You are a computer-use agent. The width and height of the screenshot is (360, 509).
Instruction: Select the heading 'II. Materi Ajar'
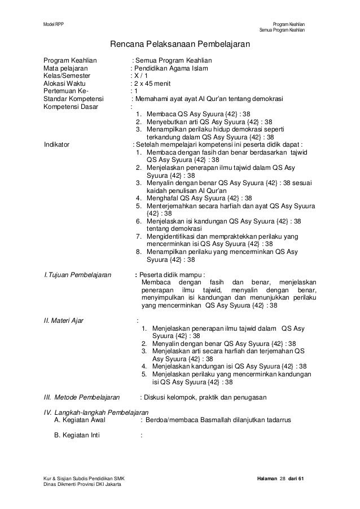tap(64, 321)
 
